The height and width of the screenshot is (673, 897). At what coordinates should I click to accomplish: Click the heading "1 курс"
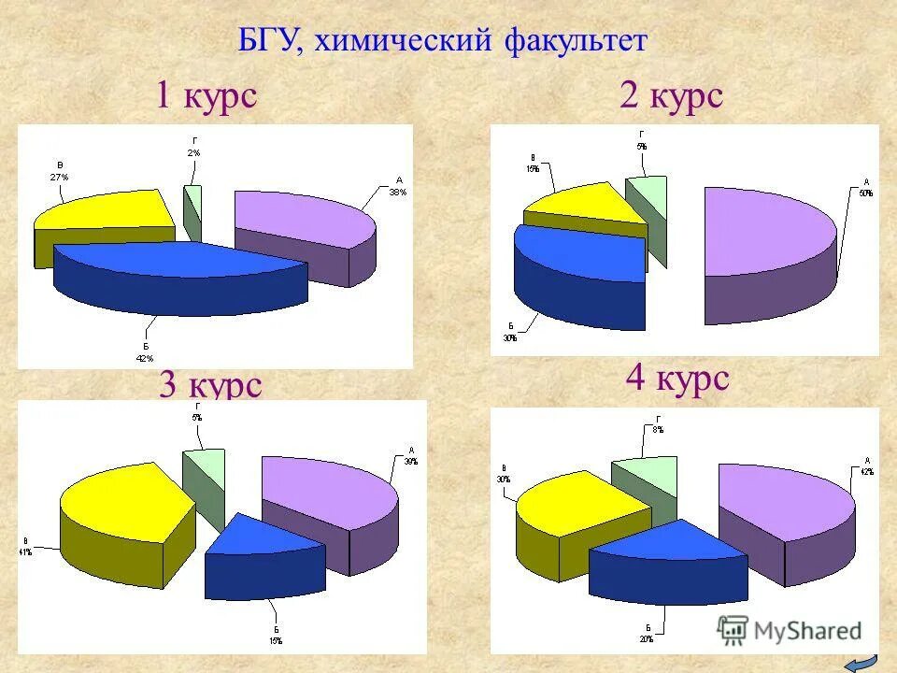pos(206,95)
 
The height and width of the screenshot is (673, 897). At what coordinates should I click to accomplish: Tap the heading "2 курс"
pos(671,95)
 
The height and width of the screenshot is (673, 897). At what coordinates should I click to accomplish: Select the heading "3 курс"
pos(209,385)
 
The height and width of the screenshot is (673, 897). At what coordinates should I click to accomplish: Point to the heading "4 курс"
pos(676,379)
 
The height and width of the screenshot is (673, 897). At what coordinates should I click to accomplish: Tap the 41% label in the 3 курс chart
pos(24,551)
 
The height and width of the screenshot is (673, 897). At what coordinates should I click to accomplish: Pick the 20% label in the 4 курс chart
pos(647,639)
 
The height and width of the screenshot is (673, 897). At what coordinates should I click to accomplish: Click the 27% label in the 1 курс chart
pos(59,176)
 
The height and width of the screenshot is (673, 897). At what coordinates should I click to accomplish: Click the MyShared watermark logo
pos(790,631)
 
